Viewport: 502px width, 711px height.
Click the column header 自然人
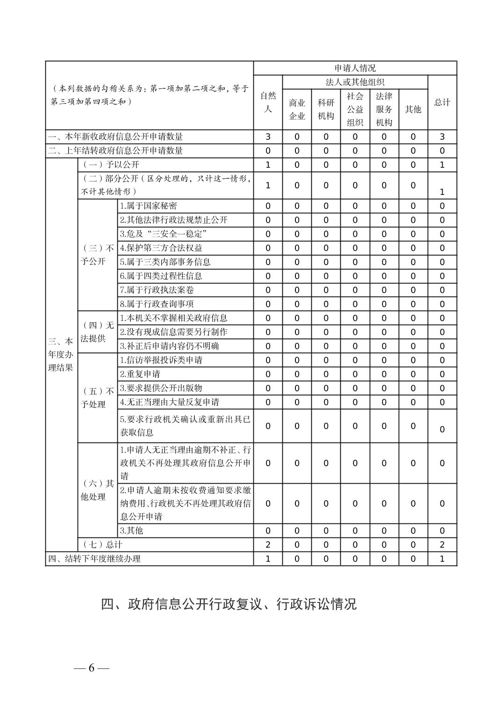[x=268, y=102]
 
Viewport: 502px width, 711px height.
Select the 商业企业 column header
[x=297, y=109]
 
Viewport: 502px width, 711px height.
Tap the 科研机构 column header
[x=326, y=109]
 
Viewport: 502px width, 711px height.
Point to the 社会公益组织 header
[x=355, y=109]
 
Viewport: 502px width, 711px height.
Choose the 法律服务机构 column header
[x=384, y=109]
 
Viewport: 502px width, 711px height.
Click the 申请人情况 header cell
[x=355, y=68]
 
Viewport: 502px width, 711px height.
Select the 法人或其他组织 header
[x=355, y=82]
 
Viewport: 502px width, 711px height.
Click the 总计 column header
[x=442, y=102]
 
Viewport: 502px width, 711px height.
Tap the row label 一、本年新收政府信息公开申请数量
[x=115, y=137]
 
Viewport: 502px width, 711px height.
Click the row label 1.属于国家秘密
[x=148, y=206]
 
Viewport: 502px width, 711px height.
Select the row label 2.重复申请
[x=140, y=374]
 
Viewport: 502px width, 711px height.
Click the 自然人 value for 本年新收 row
[x=268, y=137]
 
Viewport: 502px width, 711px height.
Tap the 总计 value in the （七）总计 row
[x=442, y=545]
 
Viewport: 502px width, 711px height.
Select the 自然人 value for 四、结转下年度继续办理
[x=268, y=559]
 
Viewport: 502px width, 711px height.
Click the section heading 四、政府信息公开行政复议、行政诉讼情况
[x=229, y=604]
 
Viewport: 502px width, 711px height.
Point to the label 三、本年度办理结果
[x=61, y=354]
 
